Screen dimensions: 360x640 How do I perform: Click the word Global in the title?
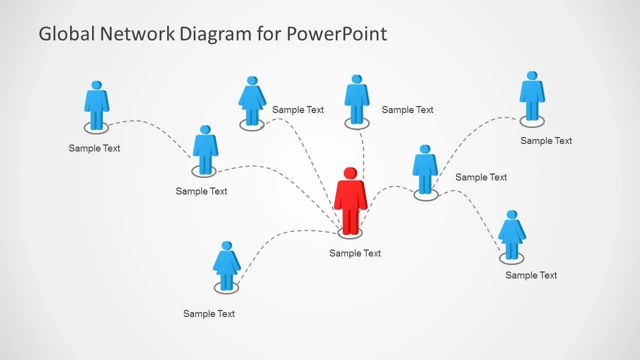pyautogui.click(x=67, y=34)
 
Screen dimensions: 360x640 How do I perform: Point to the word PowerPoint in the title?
pyautogui.click(x=336, y=34)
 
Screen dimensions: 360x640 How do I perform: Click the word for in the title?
pyautogui.click(x=271, y=34)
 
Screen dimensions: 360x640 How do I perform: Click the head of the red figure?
pyautogui.click(x=350, y=173)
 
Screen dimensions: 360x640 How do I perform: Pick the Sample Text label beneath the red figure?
pyautogui.click(x=355, y=253)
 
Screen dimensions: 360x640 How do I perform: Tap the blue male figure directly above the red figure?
pyautogui.click(x=356, y=99)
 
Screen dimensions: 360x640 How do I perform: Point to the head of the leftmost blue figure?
pyautogui.click(x=96, y=85)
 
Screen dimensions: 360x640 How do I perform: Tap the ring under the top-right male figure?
pyautogui.click(x=531, y=121)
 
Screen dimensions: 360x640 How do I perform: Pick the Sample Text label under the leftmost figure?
pyautogui.click(x=94, y=148)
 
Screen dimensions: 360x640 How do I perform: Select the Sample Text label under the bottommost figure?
pyautogui.click(x=209, y=314)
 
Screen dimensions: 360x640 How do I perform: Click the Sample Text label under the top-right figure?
pyautogui.click(x=546, y=141)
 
